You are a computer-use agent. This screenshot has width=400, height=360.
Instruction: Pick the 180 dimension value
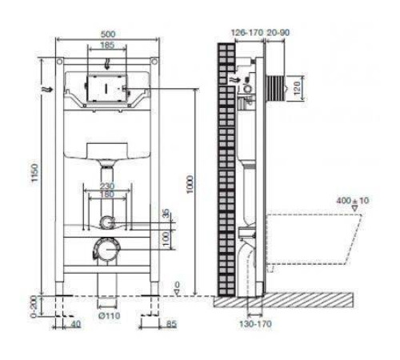point(106,194)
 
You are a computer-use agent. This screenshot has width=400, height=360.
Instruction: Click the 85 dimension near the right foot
point(172,325)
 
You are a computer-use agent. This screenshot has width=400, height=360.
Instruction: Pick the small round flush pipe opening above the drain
point(106,222)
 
